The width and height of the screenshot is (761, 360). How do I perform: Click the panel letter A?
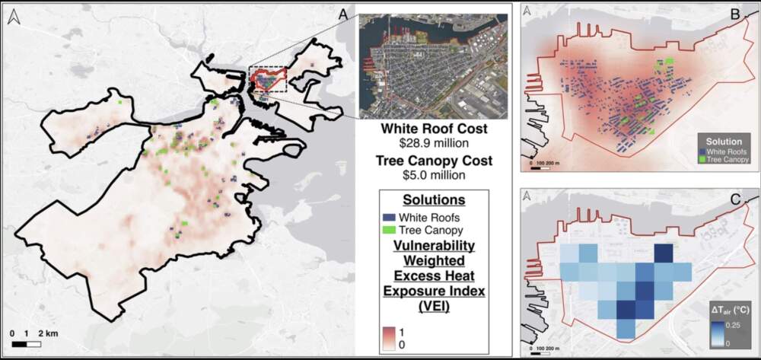(343, 13)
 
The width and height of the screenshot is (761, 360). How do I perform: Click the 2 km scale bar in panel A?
(27, 344)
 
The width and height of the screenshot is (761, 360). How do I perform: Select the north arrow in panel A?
(12, 18)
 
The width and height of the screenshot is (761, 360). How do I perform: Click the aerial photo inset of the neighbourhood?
(433, 64)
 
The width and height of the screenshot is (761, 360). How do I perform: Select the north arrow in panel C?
(529, 196)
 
